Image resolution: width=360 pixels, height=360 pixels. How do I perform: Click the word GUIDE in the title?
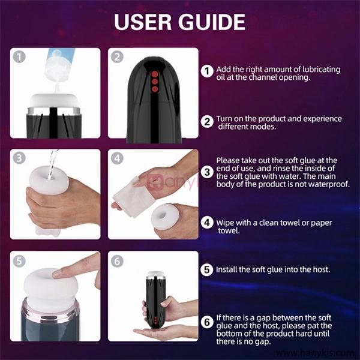(212, 22)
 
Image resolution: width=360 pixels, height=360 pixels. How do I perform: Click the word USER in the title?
(143, 22)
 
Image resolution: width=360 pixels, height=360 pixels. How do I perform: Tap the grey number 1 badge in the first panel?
(19, 57)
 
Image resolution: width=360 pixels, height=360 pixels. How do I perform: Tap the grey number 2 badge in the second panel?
(117, 57)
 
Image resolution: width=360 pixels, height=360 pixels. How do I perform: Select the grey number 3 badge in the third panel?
(19, 158)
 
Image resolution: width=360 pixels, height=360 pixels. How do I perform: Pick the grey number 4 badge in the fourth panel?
(117, 158)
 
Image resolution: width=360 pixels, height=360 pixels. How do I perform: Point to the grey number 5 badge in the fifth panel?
(19, 261)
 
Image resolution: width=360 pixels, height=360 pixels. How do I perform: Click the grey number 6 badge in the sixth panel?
(117, 261)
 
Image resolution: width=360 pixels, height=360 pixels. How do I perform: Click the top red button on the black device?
(155, 74)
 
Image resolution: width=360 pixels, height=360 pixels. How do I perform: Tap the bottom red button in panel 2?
(155, 89)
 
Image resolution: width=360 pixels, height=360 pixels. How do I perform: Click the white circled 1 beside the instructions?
(207, 71)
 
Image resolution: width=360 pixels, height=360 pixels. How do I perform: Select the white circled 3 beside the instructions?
(207, 172)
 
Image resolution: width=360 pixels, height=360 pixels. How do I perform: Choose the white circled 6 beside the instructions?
(207, 322)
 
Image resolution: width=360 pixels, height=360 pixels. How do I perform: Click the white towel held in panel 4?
(134, 197)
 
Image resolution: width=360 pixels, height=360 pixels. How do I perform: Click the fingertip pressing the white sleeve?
(56, 274)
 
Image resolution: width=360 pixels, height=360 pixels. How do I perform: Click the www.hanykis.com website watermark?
(315, 353)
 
